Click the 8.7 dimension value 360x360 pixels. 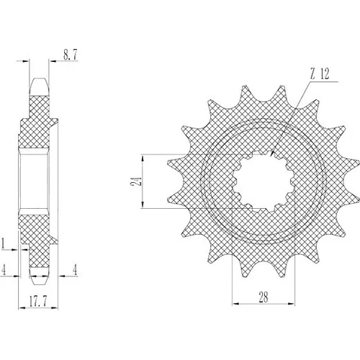(x=70, y=55)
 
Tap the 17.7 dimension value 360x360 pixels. (x=38, y=302)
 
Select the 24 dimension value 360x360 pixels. (x=135, y=181)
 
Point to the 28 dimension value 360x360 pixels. (x=264, y=297)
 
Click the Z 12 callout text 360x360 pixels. (x=320, y=73)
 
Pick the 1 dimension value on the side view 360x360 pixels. (x=3, y=243)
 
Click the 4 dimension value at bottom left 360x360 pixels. (x=3, y=269)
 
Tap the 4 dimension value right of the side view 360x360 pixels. (x=75, y=270)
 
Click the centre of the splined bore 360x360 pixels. (x=264, y=181)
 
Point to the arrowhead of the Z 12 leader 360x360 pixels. (x=272, y=153)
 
